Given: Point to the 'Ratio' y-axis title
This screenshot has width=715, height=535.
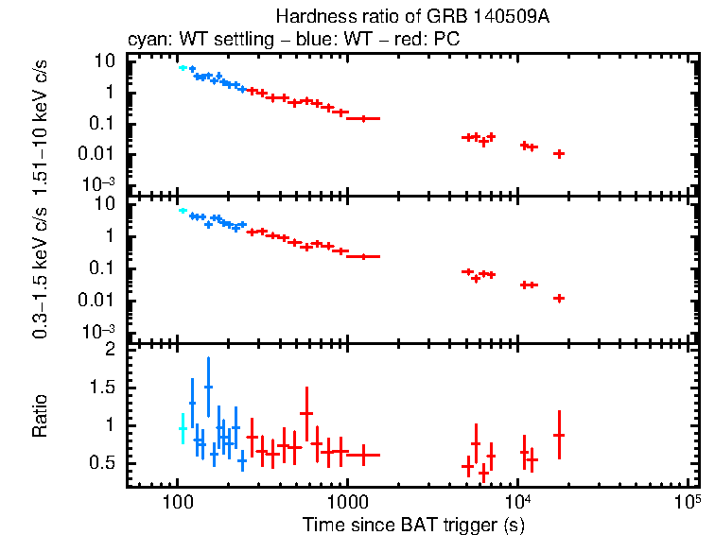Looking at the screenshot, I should [x=40, y=417].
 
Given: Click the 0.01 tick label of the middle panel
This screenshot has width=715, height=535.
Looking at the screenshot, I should [x=100, y=301].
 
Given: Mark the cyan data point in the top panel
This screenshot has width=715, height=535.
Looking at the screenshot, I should [x=183, y=67].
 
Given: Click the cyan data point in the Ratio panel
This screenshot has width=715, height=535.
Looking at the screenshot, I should [x=183, y=429].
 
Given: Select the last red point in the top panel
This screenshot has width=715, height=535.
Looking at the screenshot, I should [x=559, y=153].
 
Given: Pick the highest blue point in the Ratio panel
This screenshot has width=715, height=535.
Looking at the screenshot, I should [x=208, y=387].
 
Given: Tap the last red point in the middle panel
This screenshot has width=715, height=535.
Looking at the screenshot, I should [x=559, y=298].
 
